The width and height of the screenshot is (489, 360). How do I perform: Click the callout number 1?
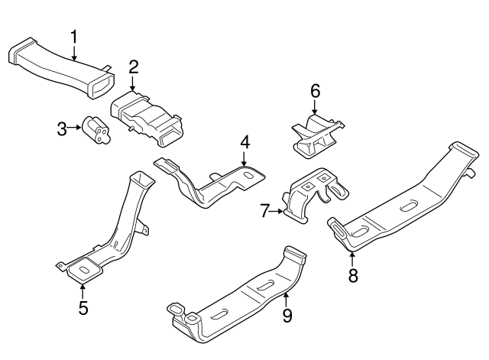point(74,36)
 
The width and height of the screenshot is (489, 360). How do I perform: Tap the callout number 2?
point(133,67)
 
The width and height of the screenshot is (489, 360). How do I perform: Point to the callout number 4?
point(244,142)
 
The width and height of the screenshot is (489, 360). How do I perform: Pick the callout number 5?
point(83,308)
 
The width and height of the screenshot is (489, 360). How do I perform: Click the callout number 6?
point(314,91)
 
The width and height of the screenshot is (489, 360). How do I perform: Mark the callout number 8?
point(353,275)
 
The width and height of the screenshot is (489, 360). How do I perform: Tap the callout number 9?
point(287,314)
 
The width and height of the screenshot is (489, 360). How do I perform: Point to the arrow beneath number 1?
point(74,53)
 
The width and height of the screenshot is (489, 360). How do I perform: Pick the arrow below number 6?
point(315,109)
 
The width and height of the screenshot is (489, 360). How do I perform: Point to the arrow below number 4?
point(244,158)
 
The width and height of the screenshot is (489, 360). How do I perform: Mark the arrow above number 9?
point(287,297)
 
